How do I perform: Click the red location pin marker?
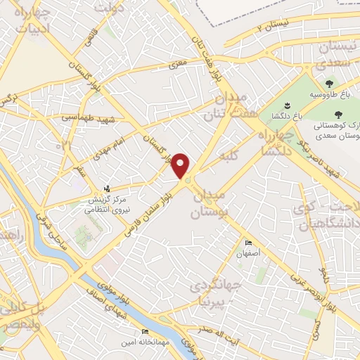pyautogui.click(x=181, y=165)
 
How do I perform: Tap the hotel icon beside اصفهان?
pyautogui.click(x=247, y=243)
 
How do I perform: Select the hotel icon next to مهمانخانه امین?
pyautogui.click(x=145, y=331)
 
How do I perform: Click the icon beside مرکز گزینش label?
pyautogui.click(x=107, y=188)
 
